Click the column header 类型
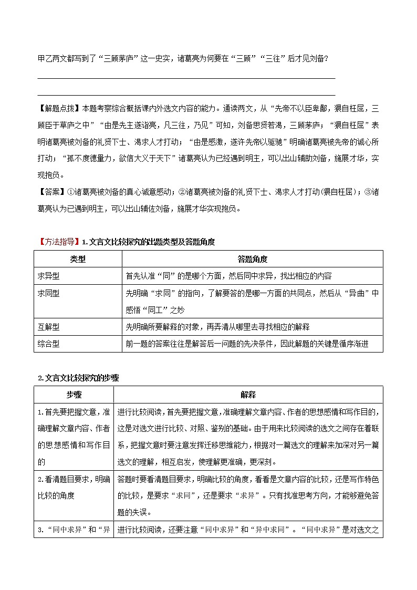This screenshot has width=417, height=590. tap(78, 260)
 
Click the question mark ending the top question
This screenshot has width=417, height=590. tap(327, 58)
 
